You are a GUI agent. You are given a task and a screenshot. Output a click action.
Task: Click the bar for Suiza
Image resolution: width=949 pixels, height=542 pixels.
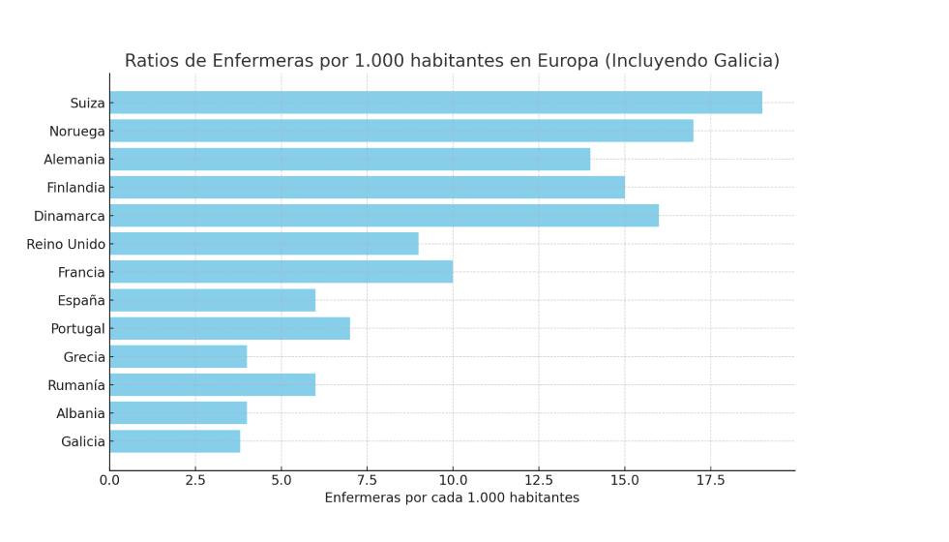point(435,103)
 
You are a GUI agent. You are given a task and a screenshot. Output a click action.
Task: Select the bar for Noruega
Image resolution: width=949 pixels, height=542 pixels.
point(401,131)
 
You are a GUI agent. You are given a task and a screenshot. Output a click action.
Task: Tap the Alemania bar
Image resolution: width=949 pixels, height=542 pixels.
point(349,159)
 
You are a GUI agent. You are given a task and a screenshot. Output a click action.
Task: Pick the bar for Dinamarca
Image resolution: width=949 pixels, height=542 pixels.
point(384,216)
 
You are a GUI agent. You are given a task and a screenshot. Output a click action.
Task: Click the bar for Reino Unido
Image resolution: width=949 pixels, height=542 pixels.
point(264,244)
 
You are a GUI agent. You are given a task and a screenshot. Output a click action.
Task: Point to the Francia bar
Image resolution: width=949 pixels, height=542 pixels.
point(281,272)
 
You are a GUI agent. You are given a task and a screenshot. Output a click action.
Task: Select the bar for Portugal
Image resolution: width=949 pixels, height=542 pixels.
point(229,329)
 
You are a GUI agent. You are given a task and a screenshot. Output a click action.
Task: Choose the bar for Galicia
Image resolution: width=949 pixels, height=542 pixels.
point(174,441)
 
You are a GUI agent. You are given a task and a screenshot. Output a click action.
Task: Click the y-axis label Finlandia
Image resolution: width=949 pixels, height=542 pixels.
point(75,188)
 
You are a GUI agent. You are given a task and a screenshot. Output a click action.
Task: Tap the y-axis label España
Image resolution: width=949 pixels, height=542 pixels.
point(80,301)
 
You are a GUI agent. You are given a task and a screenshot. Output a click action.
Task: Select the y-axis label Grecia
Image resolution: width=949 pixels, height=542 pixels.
point(84,357)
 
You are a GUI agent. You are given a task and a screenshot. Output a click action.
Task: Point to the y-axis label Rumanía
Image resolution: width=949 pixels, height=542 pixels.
point(76,385)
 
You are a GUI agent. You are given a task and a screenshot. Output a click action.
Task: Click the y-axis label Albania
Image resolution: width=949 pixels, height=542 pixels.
point(81,413)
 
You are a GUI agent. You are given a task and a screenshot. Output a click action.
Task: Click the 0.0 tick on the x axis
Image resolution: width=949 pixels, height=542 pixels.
point(109,480)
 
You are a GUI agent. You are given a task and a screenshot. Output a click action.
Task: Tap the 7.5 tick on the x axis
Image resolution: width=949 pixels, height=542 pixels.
point(367,480)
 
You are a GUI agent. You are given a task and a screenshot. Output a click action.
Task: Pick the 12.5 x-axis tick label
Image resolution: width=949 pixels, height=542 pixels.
point(539,480)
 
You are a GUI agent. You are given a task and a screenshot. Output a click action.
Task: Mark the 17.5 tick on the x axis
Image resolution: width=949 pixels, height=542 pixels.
point(710,480)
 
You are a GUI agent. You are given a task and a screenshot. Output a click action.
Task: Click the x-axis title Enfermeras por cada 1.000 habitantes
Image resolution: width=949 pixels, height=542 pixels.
point(452,498)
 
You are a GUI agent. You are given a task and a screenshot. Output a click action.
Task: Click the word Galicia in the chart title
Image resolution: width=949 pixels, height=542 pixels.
point(740,61)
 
